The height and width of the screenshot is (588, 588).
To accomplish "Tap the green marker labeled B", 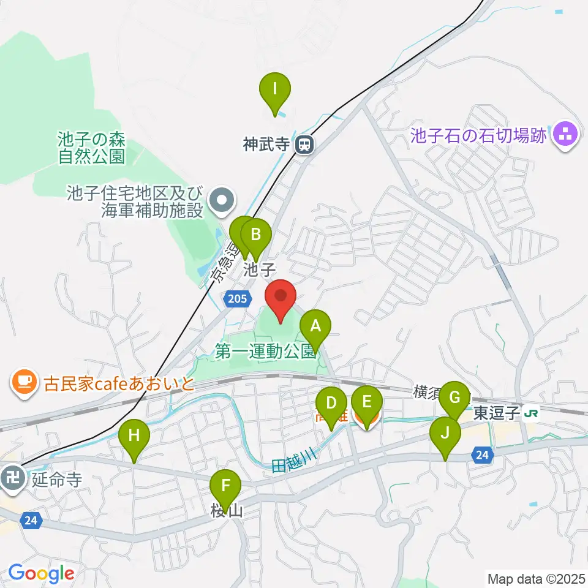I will [x=256, y=235].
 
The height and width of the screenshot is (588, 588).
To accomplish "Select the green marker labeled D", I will [x=331, y=404].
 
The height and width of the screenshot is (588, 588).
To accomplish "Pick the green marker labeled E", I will [x=367, y=402].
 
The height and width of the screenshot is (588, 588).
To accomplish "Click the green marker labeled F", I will [x=226, y=487].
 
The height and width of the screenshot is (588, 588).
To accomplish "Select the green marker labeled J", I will [x=445, y=433].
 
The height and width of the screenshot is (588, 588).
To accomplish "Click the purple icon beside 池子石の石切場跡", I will [x=563, y=135].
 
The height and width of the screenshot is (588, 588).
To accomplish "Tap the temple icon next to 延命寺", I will [x=12, y=475].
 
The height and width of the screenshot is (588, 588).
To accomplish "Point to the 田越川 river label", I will [x=293, y=459].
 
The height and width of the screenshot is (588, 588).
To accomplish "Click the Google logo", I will [x=41, y=573].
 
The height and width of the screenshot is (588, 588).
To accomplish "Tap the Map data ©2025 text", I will [x=535, y=578].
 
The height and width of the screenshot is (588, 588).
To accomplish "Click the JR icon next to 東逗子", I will [x=531, y=414].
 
